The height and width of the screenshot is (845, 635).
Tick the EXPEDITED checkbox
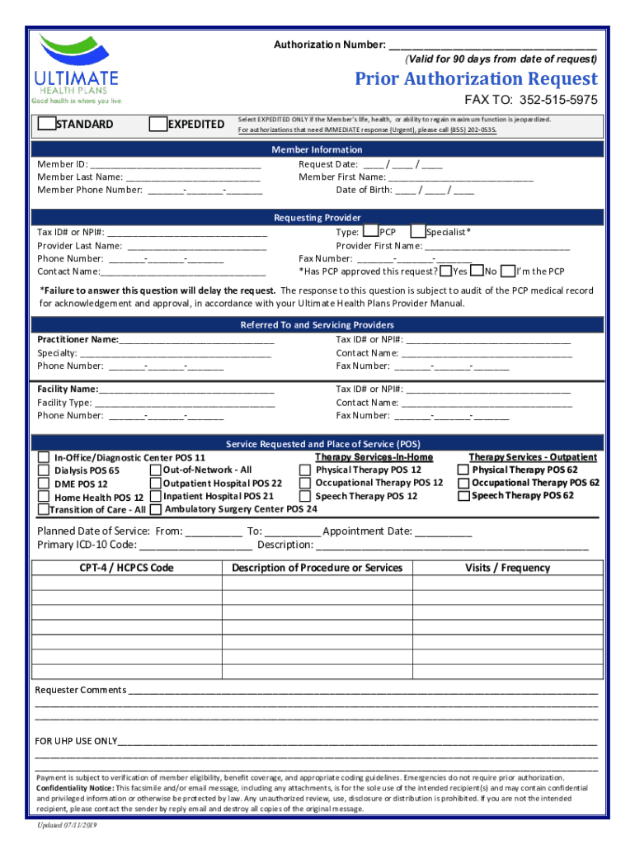click(x=158, y=124)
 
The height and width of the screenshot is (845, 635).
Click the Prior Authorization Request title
click(x=476, y=79)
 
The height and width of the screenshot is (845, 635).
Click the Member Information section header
click(x=317, y=149)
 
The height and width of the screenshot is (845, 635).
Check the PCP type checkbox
click(x=371, y=232)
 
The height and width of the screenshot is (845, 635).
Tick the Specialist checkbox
click(x=418, y=232)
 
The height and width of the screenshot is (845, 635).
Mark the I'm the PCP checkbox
click(x=508, y=271)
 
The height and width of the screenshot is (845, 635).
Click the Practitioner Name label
click(x=78, y=339)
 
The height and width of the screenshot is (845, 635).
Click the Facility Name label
click(x=68, y=389)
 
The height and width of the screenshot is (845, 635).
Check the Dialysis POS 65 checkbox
click(x=44, y=470)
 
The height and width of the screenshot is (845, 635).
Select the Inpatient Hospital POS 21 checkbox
click(x=154, y=496)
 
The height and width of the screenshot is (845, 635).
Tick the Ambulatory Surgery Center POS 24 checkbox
click(x=155, y=509)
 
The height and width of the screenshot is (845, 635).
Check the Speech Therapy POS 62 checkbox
click(x=463, y=496)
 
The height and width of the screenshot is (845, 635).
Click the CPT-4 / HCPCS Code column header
click(x=127, y=568)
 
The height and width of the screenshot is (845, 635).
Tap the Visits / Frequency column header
click(x=507, y=568)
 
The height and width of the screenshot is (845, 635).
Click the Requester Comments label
click(x=80, y=690)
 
